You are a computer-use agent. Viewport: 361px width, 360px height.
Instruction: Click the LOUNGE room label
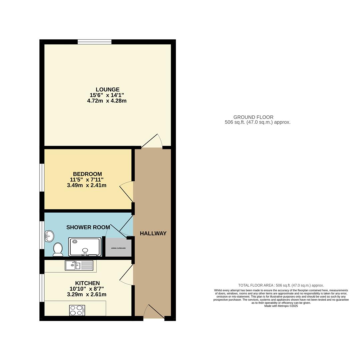107,89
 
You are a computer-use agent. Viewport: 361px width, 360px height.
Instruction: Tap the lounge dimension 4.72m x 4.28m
107,101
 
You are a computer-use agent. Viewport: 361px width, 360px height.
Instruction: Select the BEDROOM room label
87,174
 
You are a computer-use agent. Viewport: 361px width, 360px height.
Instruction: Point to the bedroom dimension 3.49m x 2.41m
87,185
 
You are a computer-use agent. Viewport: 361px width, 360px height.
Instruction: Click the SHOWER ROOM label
88,227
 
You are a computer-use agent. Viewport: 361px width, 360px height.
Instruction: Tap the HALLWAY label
153,233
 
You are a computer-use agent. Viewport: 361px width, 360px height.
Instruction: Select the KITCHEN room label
87,283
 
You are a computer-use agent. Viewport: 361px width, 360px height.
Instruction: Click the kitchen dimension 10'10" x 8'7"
87,289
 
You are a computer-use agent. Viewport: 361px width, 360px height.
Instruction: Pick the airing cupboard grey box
118,248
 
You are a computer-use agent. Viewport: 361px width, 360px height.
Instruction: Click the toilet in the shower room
58,249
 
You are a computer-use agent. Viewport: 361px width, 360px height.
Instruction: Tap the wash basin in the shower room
49,236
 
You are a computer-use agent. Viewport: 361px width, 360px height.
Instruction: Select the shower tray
85,247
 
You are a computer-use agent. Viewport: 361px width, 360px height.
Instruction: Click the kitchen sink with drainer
79,265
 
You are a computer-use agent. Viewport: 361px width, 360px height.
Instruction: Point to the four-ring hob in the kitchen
77,310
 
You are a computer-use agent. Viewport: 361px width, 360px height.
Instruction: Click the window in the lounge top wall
95,42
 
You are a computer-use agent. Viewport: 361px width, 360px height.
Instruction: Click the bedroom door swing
127,192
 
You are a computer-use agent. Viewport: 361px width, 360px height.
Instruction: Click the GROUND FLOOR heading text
253,117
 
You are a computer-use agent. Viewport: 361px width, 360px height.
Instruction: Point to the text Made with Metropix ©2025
281,306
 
